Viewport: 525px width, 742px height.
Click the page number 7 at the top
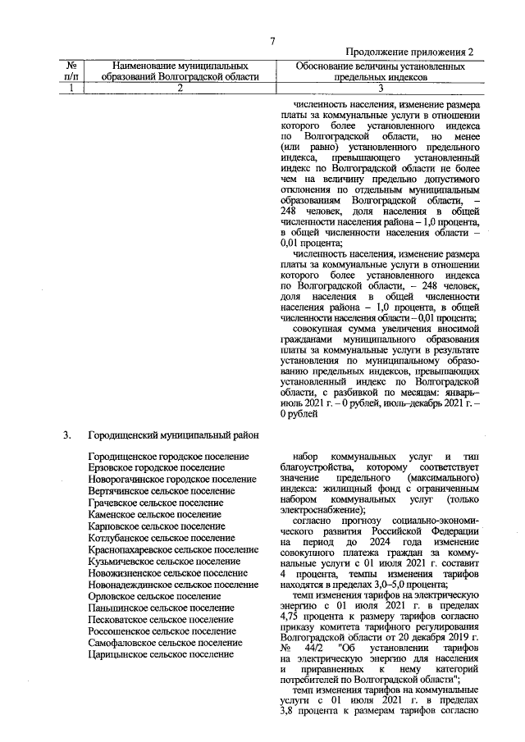[272, 42]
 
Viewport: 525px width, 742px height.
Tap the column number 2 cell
[180, 89]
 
